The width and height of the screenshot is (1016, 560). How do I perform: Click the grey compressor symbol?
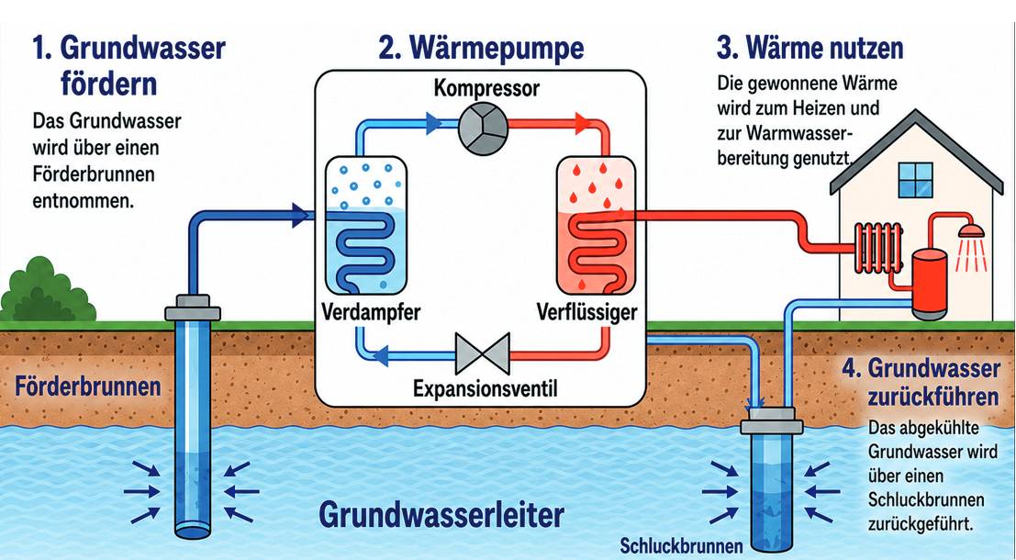click(x=483, y=128)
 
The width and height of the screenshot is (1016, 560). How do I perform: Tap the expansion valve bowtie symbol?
click(x=482, y=353)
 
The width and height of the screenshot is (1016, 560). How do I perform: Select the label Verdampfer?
click(x=371, y=312)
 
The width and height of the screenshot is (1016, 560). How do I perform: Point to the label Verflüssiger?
click(x=587, y=312)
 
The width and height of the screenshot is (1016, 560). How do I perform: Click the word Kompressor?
click(x=486, y=87)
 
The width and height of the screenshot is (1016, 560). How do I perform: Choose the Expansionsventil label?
click(x=485, y=389)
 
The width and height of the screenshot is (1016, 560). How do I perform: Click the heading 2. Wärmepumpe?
click(x=482, y=49)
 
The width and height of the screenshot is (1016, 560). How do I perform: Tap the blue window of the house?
click(x=916, y=180)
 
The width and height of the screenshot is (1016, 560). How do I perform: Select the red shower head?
click(x=971, y=230)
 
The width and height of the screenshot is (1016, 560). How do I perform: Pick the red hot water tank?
click(x=929, y=284)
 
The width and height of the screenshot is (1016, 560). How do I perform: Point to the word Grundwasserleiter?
click(x=441, y=515)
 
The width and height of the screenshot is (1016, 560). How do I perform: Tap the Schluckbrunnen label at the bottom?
click(x=681, y=545)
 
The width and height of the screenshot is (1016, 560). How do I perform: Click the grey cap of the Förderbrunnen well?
click(x=193, y=308)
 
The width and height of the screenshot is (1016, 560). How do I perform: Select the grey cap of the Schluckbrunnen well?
click(x=771, y=420)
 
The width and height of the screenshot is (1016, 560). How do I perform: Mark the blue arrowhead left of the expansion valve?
click(x=381, y=354)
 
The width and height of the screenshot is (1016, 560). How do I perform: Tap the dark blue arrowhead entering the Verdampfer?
click(x=300, y=215)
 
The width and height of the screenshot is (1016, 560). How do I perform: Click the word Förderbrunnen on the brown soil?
click(x=88, y=386)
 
